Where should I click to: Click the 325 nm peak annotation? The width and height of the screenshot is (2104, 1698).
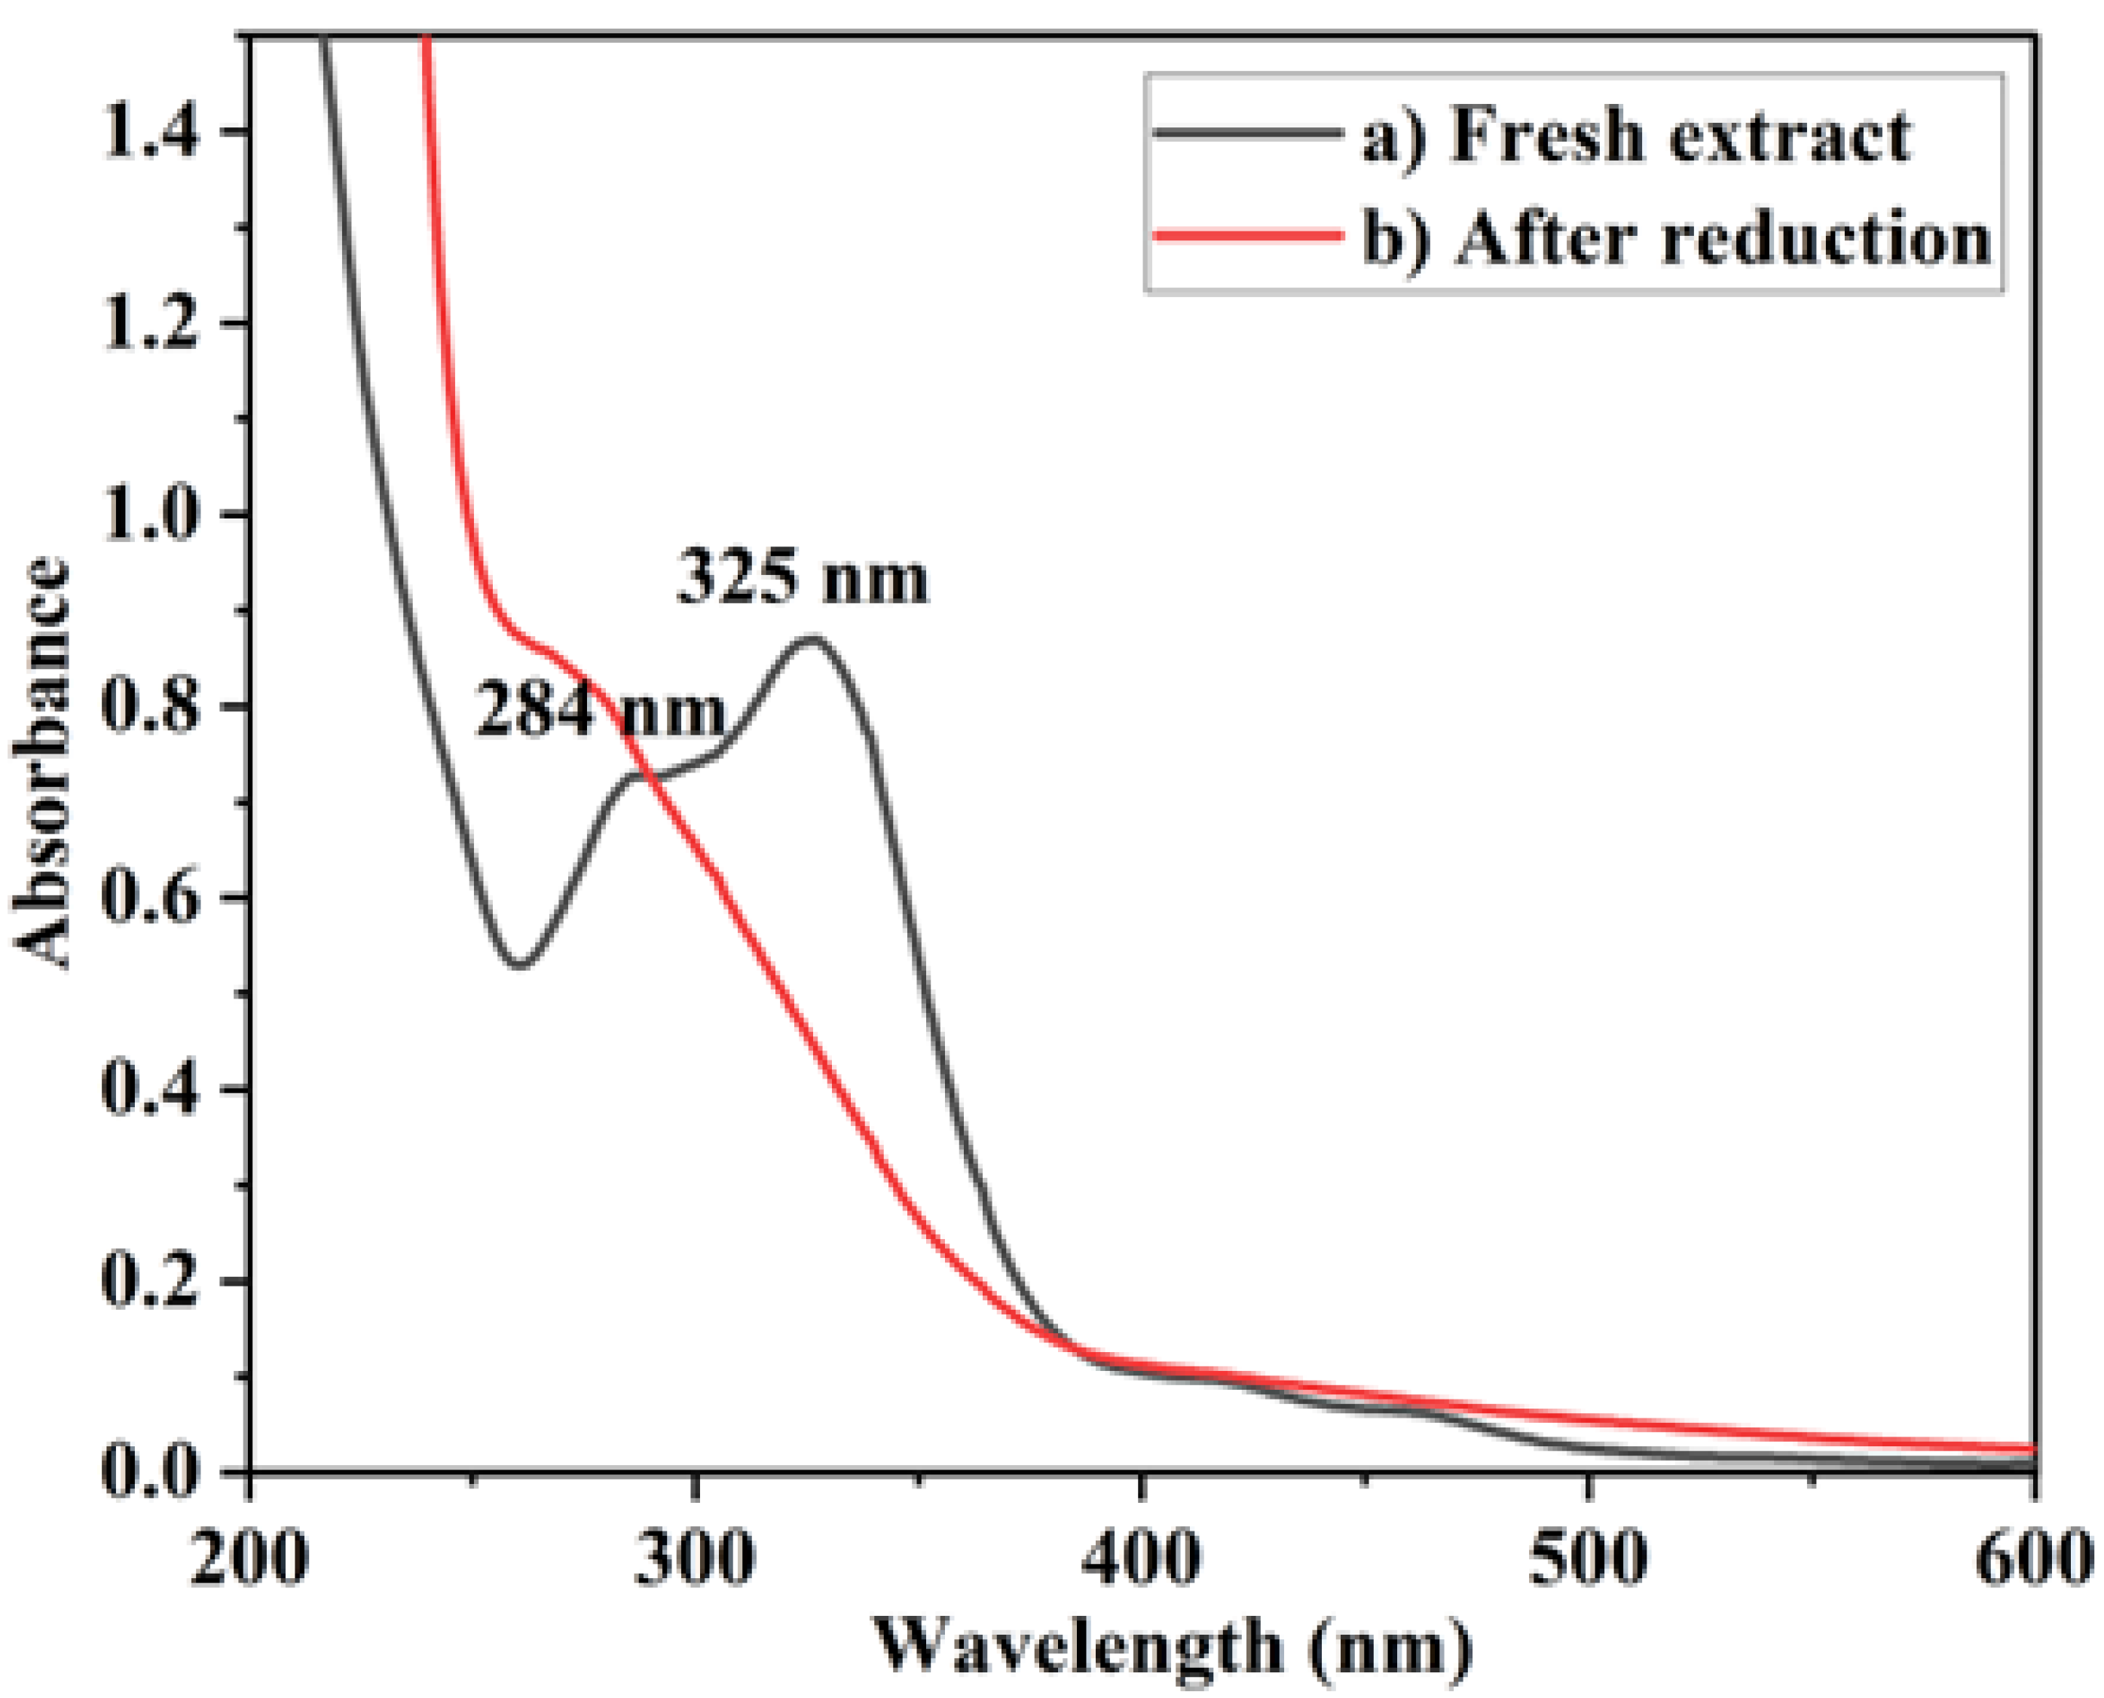click(802, 578)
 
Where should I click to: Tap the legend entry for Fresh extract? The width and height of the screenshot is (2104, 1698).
click(1635, 134)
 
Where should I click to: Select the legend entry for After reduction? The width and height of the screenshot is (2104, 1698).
click(1675, 237)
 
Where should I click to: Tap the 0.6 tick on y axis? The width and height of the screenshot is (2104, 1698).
click(151, 897)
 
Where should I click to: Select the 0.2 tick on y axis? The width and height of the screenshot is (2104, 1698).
click(151, 1280)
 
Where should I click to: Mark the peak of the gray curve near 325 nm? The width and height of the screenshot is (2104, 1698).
click(810, 638)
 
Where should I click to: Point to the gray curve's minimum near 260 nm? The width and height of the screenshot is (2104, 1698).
click(521, 965)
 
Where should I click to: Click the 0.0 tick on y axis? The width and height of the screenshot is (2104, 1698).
click(151, 1470)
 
